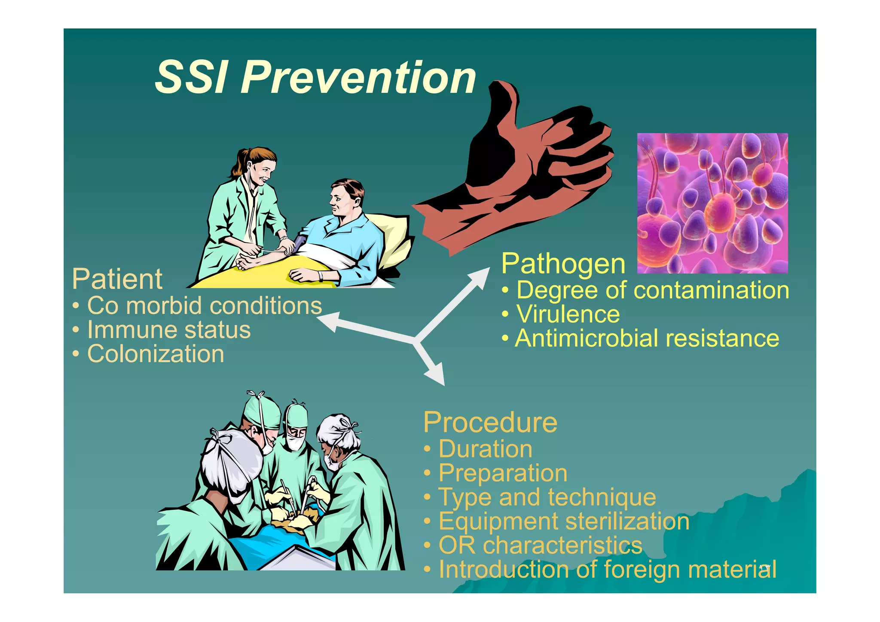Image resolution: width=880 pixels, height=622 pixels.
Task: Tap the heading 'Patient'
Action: pos(117,279)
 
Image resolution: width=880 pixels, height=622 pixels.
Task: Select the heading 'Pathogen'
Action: pos(563,264)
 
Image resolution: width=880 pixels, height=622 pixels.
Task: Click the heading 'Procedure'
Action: pos(490,422)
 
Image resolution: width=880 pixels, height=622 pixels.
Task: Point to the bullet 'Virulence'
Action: pos(568,314)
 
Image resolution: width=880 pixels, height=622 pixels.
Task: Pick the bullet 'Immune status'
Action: pos(168,330)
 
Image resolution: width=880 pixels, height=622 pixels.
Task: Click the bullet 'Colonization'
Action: pos(155,354)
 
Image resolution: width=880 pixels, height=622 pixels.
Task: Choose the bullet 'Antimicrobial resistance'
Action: pos(647,338)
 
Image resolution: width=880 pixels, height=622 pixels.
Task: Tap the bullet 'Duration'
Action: pos(485,449)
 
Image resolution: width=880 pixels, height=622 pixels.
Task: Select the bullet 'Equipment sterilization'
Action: pos(564,521)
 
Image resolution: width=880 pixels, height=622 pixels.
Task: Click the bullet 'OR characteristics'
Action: pos(540,545)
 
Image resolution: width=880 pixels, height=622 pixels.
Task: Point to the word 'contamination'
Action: pos(711,290)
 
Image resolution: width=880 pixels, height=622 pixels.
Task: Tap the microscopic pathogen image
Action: pos(712,203)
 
